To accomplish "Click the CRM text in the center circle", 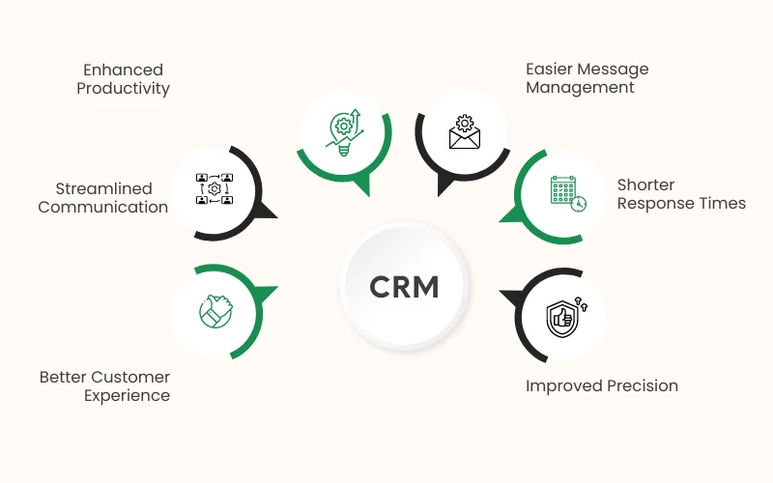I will click(404, 287).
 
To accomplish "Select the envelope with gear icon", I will click(464, 132).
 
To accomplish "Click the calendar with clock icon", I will click(567, 193).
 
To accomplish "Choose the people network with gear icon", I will click(215, 188).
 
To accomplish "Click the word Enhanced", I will click(123, 70).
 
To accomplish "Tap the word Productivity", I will click(124, 89).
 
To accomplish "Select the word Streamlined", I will click(111, 188).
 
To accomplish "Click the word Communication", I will click(103, 207).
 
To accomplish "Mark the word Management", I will click(580, 88).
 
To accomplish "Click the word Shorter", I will click(645, 185).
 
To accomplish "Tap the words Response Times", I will click(681, 203).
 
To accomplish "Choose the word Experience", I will click(127, 395).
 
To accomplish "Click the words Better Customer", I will click(104, 377).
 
